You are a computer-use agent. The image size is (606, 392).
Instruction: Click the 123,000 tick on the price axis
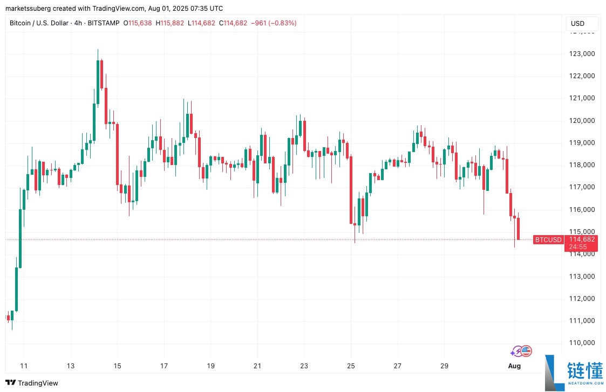click(582, 53)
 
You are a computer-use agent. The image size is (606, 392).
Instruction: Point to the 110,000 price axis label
click(582, 343)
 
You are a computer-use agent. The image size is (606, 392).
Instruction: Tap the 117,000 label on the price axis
click(582, 187)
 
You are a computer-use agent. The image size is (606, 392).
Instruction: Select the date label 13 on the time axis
click(71, 366)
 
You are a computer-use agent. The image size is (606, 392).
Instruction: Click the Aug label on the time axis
click(515, 366)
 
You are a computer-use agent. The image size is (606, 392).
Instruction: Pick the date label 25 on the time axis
click(351, 366)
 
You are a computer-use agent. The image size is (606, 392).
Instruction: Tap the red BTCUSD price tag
click(548, 240)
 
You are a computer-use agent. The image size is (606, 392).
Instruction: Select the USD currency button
click(577, 24)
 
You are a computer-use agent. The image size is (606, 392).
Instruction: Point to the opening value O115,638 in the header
click(138, 23)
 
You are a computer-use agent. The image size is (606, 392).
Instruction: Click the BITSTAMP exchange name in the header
click(102, 23)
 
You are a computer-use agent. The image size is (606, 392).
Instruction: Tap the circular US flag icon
click(526, 352)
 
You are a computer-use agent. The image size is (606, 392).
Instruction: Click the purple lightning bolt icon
click(516, 352)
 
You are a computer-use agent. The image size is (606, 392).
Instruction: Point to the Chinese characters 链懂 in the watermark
click(585, 371)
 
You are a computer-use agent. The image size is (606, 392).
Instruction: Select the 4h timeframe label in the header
click(79, 23)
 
